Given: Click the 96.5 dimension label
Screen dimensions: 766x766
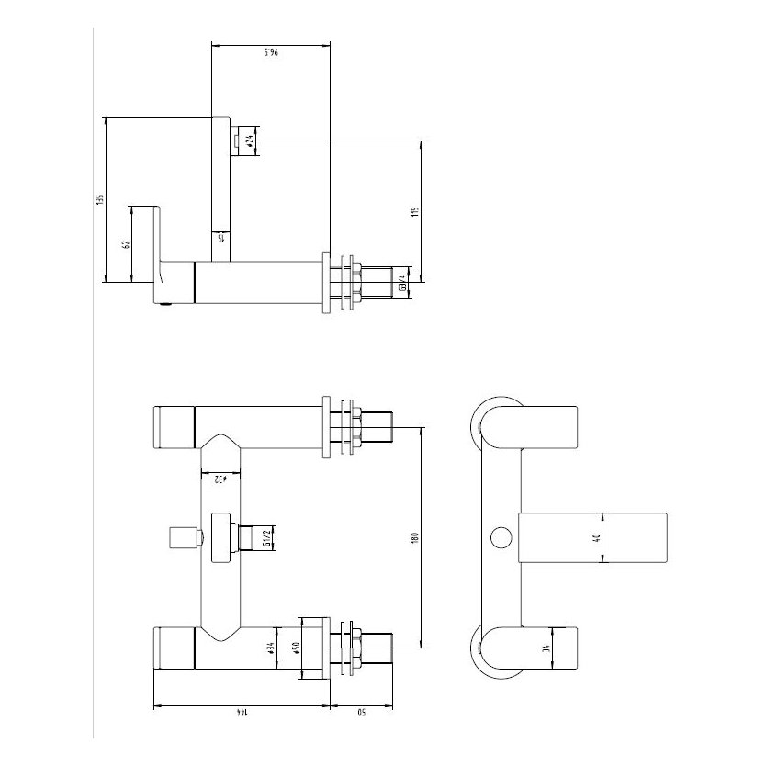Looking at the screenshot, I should (271, 53).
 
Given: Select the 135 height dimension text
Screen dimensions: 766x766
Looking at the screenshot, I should (100, 198).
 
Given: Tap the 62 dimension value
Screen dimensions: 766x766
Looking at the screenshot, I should (127, 244).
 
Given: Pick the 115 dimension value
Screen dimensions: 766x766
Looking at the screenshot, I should (415, 212).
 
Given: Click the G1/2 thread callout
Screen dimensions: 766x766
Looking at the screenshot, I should (267, 535).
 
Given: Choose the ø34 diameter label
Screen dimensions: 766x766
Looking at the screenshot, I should (273, 648).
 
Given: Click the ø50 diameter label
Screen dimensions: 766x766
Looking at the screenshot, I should (297, 648).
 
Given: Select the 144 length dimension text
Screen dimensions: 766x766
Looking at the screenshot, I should (242, 713).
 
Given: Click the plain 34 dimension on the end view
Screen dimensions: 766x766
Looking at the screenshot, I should (548, 650).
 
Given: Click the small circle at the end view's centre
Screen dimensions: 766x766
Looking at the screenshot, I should (501, 538).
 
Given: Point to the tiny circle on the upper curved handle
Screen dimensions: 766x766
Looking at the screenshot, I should (481, 425).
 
